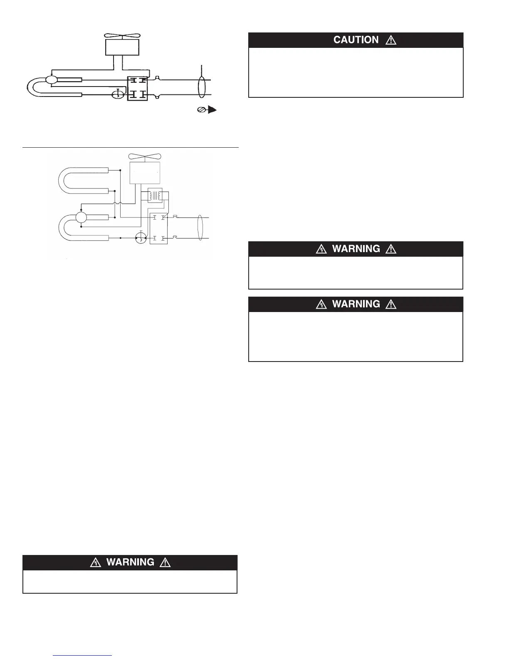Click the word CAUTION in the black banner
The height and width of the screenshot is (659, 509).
(x=356, y=40)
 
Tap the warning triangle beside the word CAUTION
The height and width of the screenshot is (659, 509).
(x=391, y=40)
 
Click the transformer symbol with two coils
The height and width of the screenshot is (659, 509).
(x=155, y=196)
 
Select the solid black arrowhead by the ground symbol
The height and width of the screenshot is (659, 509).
(x=212, y=110)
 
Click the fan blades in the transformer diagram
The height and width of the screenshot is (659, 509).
(x=144, y=156)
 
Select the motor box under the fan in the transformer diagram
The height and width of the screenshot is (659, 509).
(x=145, y=173)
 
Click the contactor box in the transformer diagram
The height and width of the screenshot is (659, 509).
(x=158, y=228)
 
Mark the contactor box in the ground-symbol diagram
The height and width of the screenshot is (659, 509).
(x=138, y=88)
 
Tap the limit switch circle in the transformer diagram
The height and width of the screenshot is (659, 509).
(x=141, y=238)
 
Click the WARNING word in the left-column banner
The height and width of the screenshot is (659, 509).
(x=130, y=562)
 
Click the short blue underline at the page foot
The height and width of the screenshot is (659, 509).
(x=82, y=656)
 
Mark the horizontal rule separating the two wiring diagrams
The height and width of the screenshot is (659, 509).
(x=130, y=147)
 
